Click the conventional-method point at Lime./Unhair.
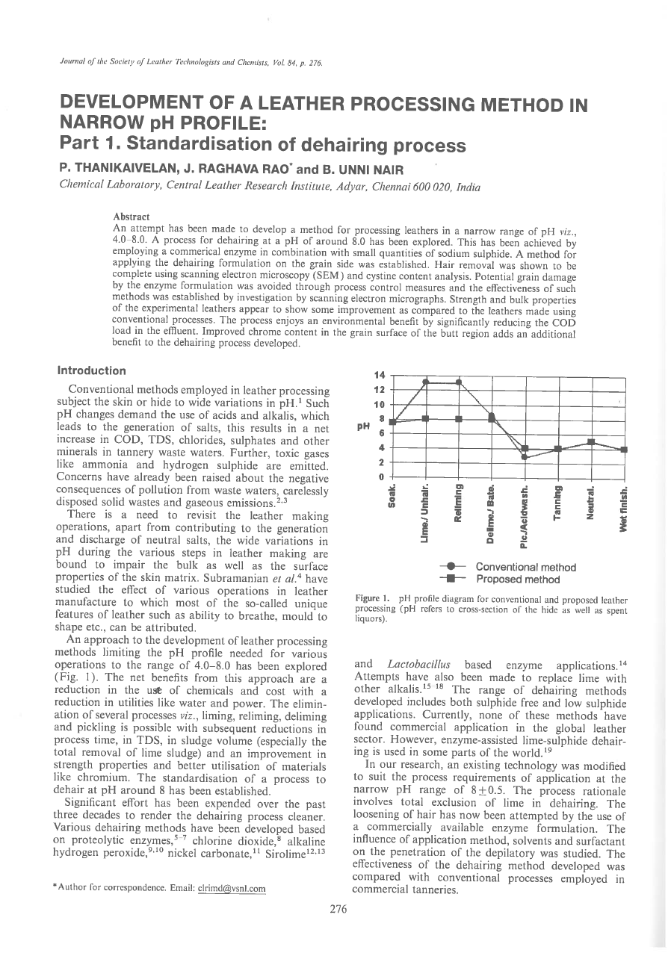425,382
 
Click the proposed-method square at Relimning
458,418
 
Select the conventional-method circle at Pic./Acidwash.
525,456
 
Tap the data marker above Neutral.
590,441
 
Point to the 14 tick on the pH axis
380,375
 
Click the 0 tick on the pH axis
381,476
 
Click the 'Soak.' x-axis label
392,496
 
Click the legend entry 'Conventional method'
525,567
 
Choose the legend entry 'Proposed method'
518,579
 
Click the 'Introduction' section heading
92,370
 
